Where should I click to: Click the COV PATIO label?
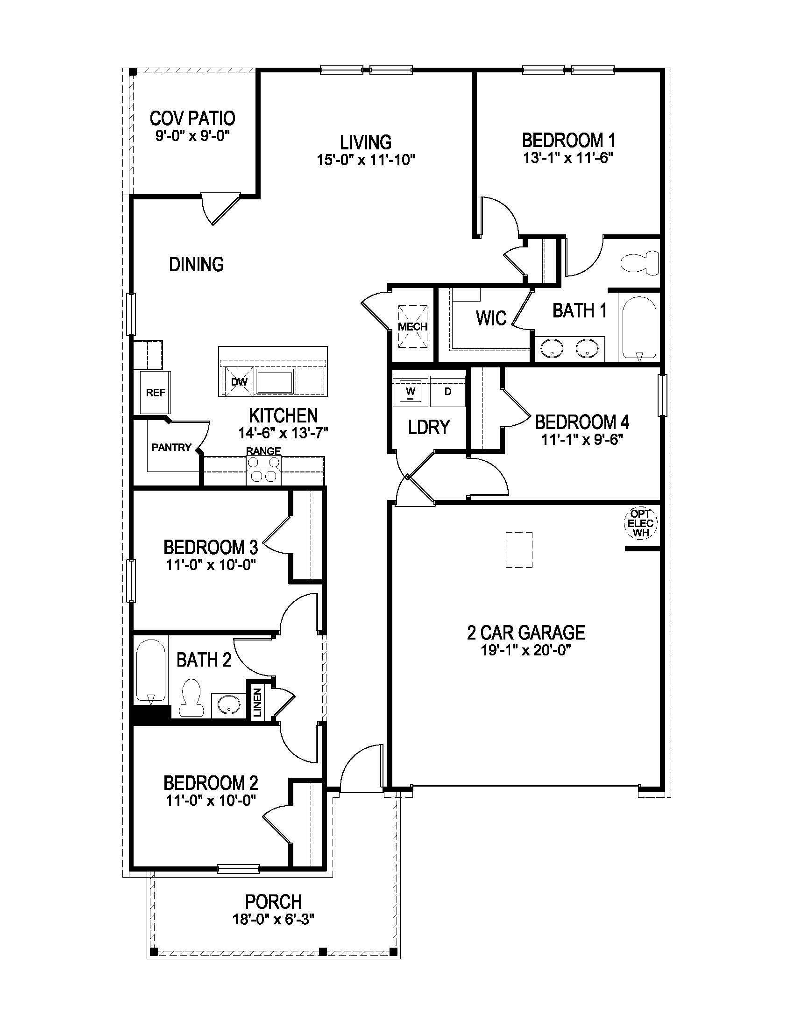click(x=192, y=118)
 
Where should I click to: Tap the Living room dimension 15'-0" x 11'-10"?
click(x=366, y=160)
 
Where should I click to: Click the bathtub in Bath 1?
click(x=639, y=329)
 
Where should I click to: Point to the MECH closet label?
click(x=412, y=326)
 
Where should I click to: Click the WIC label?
click(x=490, y=318)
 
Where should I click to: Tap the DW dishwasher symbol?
click(x=239, y=382)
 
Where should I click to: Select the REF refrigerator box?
click(x=155, y=393)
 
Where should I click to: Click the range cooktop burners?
click(x=263, y=470)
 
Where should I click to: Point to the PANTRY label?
click(x=171, y=447)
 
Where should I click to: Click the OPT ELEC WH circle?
click(x=640, y=523)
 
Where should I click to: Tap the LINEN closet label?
click(x=257, y=702)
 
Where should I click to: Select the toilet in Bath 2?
click(x=191, y=697)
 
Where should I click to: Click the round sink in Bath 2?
click(x=228, y=705)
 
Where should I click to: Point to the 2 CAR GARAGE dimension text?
click(x=526, y=650)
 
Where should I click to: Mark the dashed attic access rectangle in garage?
click(x=519, y=550)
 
